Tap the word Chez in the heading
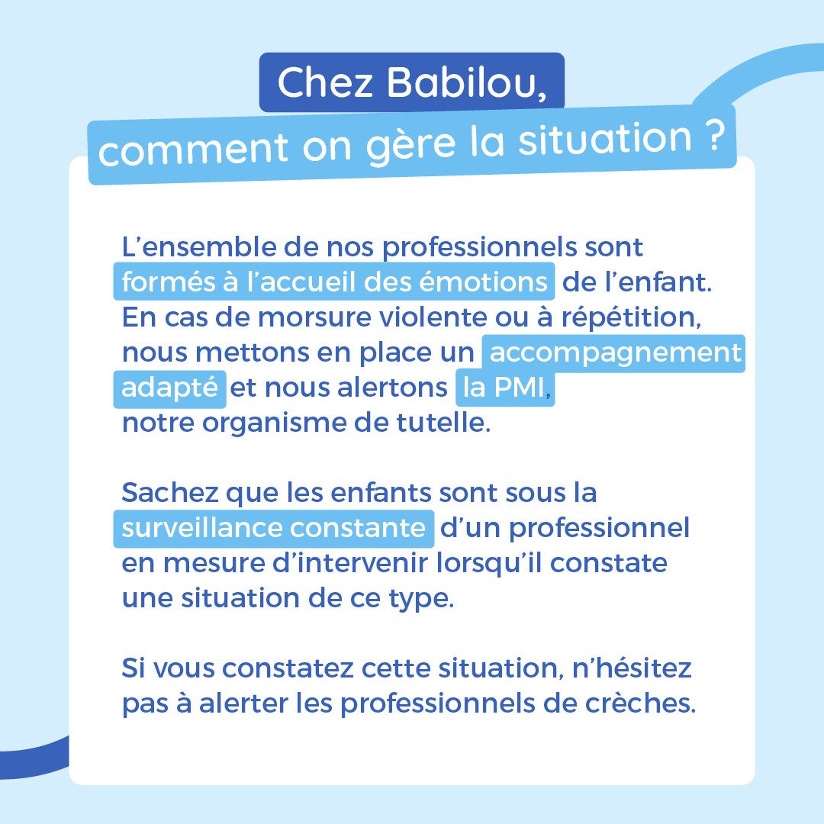tap(325, 82)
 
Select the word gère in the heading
tap(410, 143)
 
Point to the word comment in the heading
tap(193, 149)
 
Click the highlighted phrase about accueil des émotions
tap(334, 281)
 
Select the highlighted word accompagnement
tap(613, 352)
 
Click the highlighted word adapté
tap(169, 388)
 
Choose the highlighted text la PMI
tap(504, 388)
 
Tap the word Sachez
tap(169, 492)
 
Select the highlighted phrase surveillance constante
tap(274, 528)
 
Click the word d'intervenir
tap(349, 563)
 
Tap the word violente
tap(433, 317)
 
